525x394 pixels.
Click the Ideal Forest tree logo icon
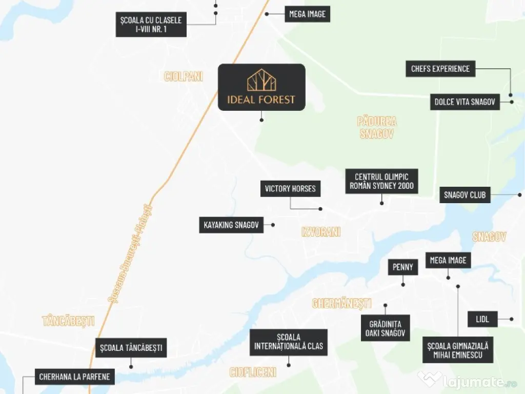point(261,81)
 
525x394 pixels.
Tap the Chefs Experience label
point(440,69)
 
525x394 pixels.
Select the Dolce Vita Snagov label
point(465,102)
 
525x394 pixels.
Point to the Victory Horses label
point(290,189)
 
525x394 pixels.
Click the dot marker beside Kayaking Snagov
point(273,225)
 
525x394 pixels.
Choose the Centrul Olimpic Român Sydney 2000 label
point(381,181)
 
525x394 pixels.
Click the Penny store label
point(403,267)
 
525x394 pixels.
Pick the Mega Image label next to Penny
point(448,260)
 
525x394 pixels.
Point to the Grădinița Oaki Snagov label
point(385,328)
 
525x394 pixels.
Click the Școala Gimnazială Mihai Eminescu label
point(458,350)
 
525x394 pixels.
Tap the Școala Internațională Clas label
point(289,342)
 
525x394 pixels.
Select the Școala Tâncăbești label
point(131,348)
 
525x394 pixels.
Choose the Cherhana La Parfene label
point(74,377)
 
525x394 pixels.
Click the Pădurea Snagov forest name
point(377,128)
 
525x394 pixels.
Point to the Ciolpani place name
point(184,77)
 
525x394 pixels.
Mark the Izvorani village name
point(321,232)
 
